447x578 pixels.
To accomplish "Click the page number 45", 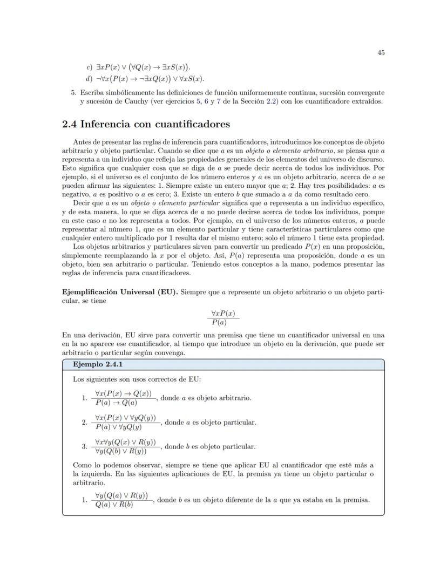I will tap(381, 53).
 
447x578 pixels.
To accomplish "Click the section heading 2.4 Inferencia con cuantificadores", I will tap(146, 125).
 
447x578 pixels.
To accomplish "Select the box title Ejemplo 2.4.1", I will tap(98, 364).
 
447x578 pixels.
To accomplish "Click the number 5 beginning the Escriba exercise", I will tap(73, 92).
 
